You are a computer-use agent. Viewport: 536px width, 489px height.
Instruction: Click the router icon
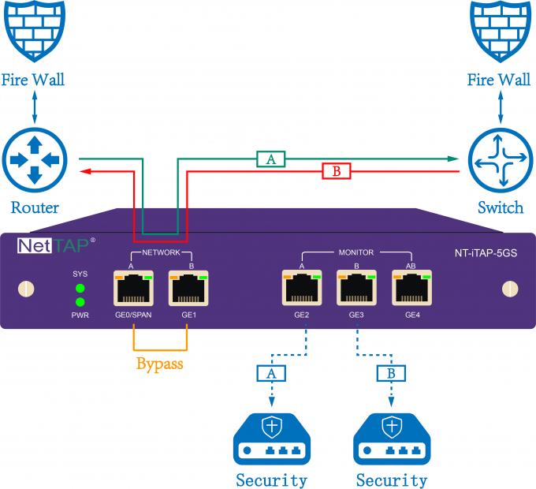click(34, 160)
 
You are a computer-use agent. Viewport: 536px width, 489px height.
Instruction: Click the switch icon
click(500, 160)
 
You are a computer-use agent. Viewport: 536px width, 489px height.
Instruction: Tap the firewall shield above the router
click(33, 32)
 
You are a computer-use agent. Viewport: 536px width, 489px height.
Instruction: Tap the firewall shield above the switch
click(500, 32)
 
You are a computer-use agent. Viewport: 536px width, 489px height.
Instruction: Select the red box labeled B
click(335, 171)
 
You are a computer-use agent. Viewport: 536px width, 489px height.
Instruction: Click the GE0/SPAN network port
click(132, 289)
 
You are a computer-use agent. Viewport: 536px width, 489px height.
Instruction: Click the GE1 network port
click(187, 289)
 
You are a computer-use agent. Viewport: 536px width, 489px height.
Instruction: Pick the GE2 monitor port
click(302, 289)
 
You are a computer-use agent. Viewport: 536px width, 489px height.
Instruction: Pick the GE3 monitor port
click(355, 289)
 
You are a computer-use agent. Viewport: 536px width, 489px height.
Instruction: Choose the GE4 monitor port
click(411, 289)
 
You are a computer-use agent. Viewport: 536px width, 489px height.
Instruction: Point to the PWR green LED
click(80, 301)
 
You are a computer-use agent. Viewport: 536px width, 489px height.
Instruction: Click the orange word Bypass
click(160, 364)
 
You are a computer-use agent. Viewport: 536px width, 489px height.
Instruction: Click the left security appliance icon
click(270, 438)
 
